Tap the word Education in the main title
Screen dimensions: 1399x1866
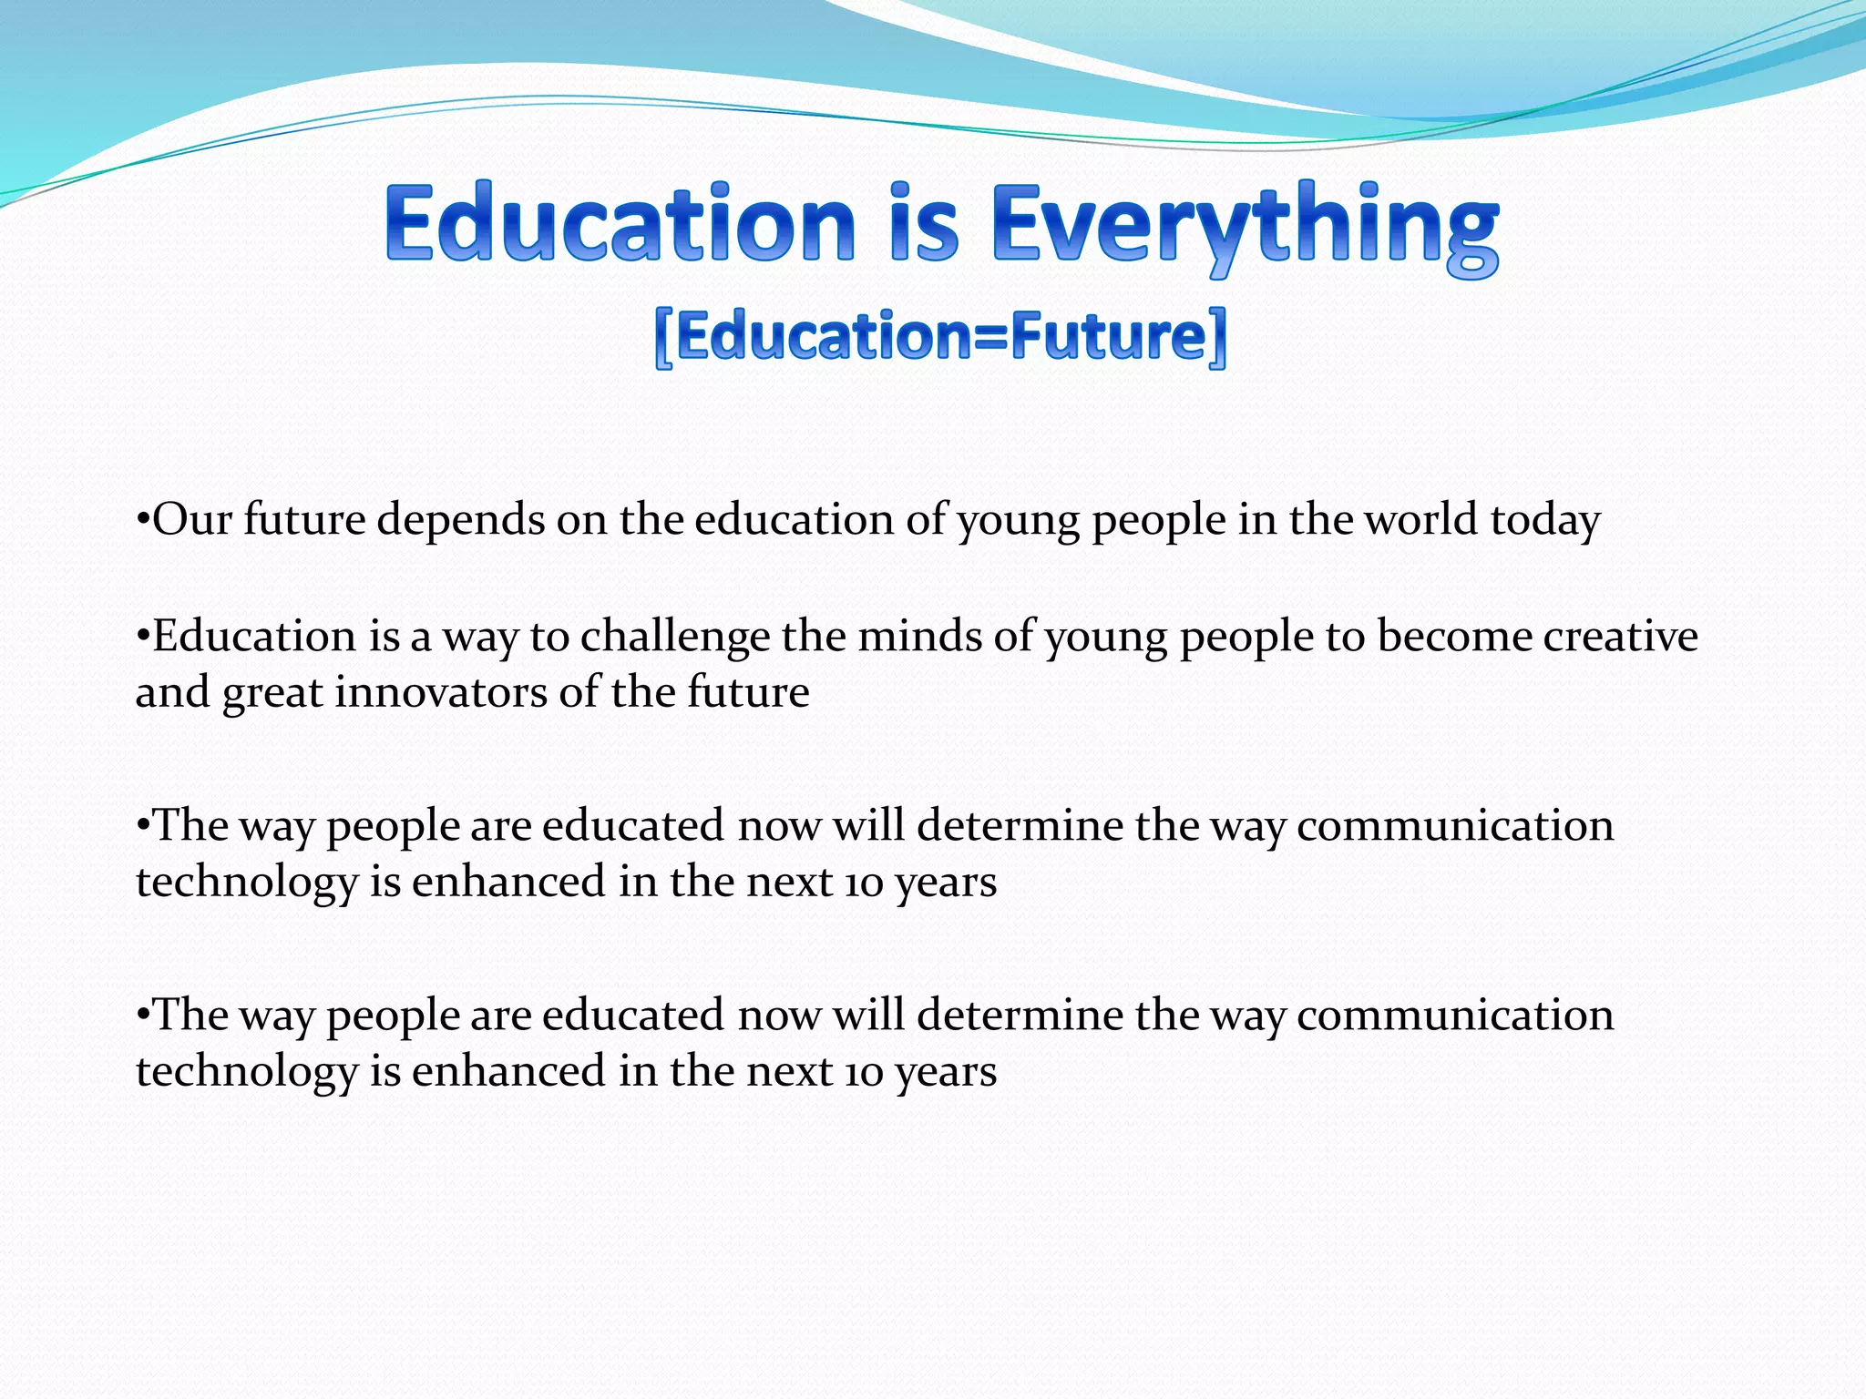coord(620,224)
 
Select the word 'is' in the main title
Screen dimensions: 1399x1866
coord(924,224)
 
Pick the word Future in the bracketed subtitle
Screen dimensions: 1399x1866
coord(1108,337)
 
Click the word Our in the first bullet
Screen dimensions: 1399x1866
coord(192,520)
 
